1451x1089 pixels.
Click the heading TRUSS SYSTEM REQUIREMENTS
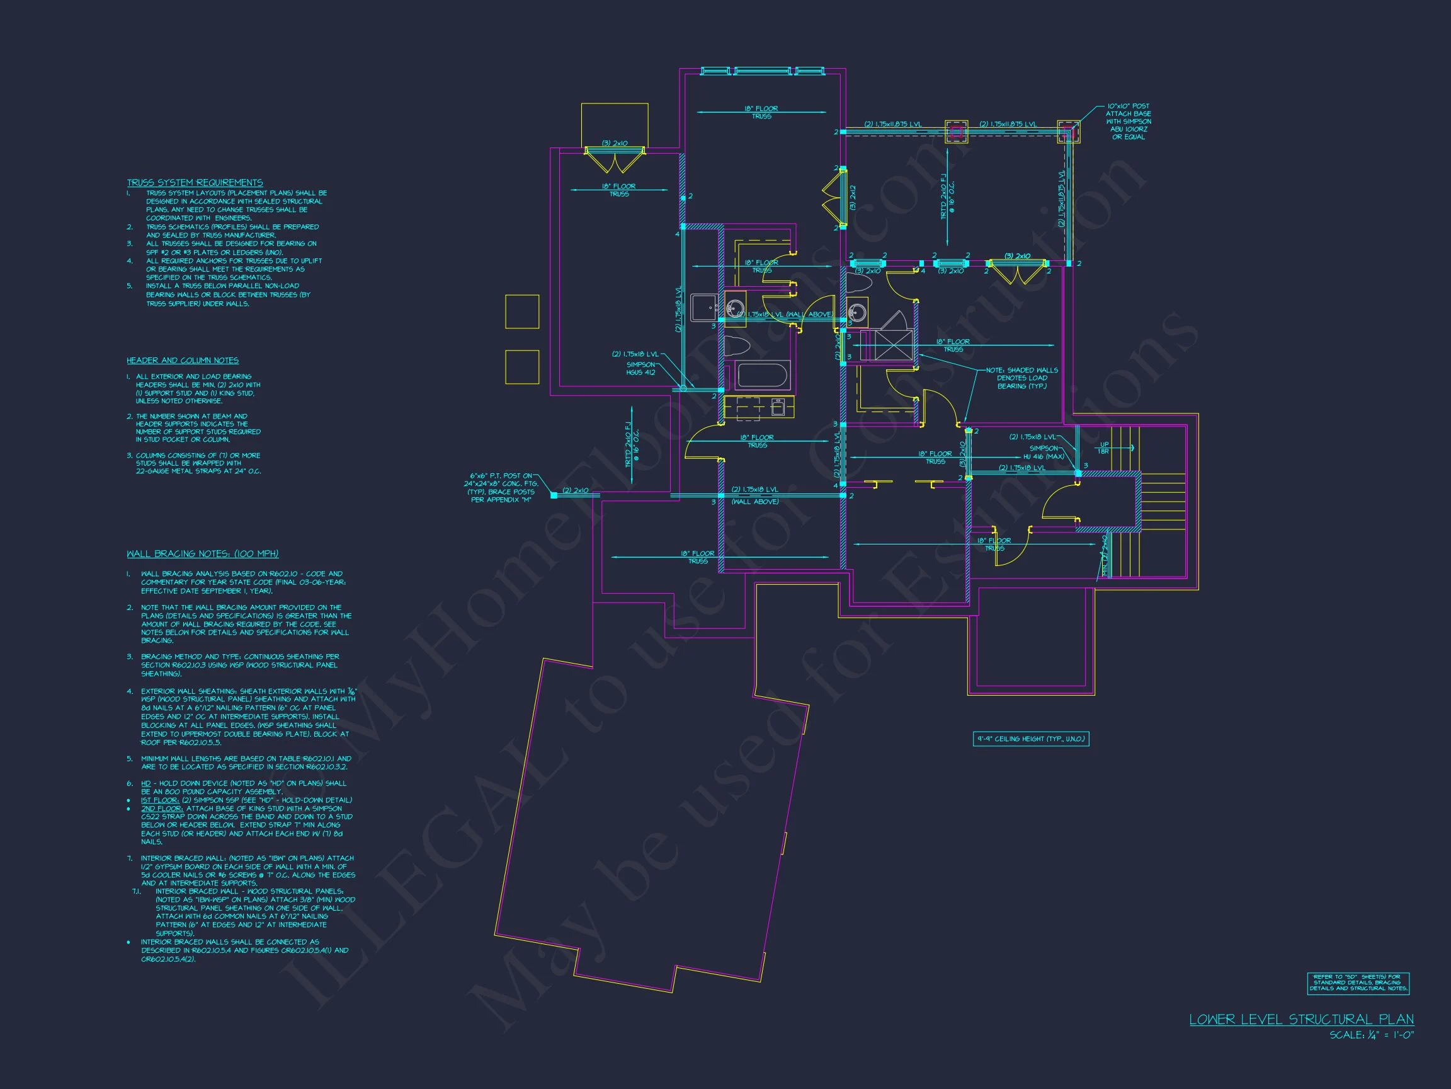coord(195,183)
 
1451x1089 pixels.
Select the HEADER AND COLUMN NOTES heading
coord(183,360)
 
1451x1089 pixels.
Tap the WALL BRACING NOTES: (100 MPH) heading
coord(203,553)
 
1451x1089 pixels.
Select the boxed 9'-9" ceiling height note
coord(1030,739)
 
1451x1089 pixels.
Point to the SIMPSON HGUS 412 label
coord(640,368)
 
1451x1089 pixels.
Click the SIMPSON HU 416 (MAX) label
coord(1043,452)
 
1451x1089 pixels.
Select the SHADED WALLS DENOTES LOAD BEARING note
coord(1021,378)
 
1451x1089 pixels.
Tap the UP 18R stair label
coord(1104,448)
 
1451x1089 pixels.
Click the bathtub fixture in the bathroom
coord(762,376)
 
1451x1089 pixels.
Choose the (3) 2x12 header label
coord(852,197)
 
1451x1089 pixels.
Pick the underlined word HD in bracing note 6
coord(145,783)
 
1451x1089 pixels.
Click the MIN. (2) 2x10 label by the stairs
coord(1105,555)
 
